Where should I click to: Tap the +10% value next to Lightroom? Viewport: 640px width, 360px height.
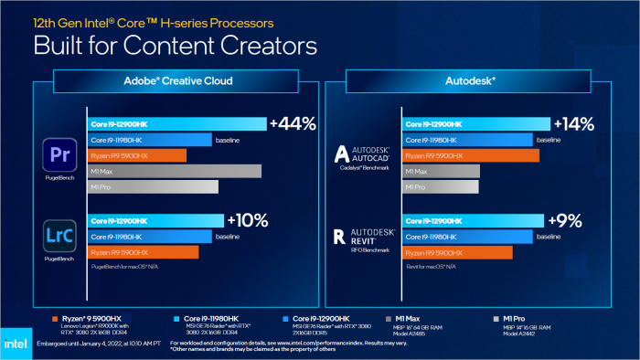click(247, 219)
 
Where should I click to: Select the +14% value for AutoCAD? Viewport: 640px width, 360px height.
click(572, 123)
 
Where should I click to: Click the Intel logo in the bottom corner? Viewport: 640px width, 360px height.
click(18, 339)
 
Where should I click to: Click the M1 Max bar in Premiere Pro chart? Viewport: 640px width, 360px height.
click(174, 171)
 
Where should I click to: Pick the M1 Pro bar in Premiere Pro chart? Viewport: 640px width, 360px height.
click(153, 186)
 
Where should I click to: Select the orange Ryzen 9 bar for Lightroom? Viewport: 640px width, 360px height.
click(142, 251)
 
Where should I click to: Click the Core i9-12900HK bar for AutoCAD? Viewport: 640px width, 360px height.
click(476, 124)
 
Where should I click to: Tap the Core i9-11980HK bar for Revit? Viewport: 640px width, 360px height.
click(466, 236)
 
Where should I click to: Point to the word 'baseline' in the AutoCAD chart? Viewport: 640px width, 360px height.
click(549, 140)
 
